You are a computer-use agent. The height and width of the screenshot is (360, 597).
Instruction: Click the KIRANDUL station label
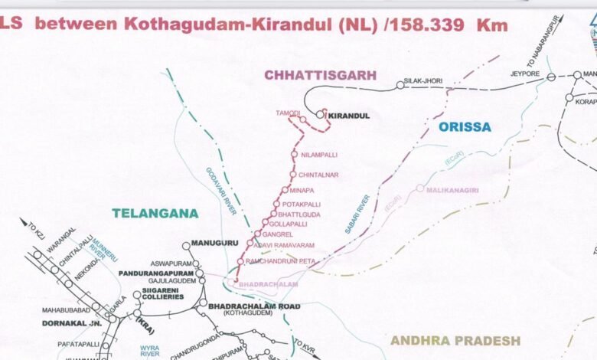click(349, 116)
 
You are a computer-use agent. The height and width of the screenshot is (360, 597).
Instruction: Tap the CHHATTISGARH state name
click(321, 74)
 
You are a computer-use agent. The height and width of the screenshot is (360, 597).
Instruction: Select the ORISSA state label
click(465, 127)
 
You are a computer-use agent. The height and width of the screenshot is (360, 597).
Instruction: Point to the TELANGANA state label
click(155, 213)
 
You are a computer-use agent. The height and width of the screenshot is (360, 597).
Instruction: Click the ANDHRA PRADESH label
click(455, 340)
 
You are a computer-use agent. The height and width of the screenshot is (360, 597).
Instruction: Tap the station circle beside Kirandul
click(320, 115)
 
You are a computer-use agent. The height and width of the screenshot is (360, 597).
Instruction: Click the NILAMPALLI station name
click(319, 155)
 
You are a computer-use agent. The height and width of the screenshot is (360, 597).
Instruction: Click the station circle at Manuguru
click(186, 246)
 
